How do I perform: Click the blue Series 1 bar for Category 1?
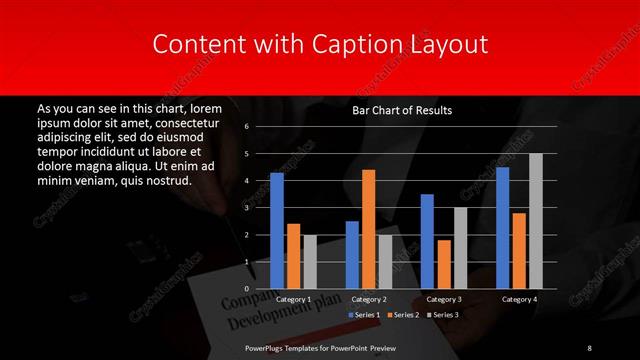277,231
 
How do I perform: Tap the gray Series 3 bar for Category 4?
536,221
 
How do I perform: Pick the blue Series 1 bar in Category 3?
427,241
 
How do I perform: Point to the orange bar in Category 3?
444,264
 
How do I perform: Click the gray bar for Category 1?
310,262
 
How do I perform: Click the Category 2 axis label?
369,299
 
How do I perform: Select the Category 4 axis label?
519,299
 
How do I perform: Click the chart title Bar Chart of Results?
402,110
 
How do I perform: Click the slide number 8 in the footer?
589,347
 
